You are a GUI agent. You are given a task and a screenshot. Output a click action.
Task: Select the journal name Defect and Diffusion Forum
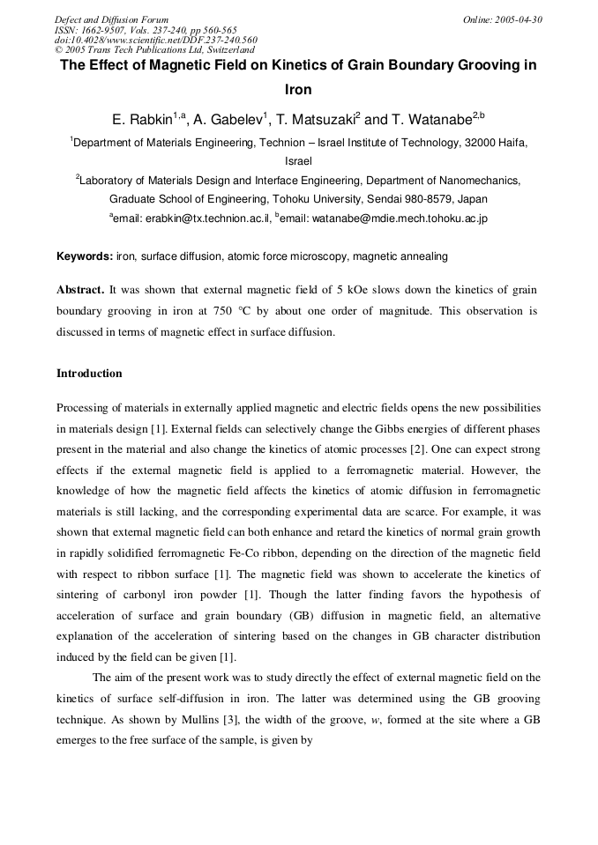[111, 19]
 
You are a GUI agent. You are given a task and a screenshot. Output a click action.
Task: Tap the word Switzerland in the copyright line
[227, 50]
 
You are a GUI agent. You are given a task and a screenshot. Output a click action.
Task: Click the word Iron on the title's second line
[298, 89]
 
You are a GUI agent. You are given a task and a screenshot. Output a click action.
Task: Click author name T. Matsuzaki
[317, 119]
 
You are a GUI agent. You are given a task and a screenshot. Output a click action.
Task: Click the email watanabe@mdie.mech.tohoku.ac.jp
[384, 218]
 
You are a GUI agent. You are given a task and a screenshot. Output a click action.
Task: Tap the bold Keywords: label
[85, 256]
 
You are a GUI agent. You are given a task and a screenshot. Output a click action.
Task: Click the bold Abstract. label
[80, 289]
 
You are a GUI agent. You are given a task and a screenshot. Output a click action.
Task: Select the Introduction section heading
[89, 374]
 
